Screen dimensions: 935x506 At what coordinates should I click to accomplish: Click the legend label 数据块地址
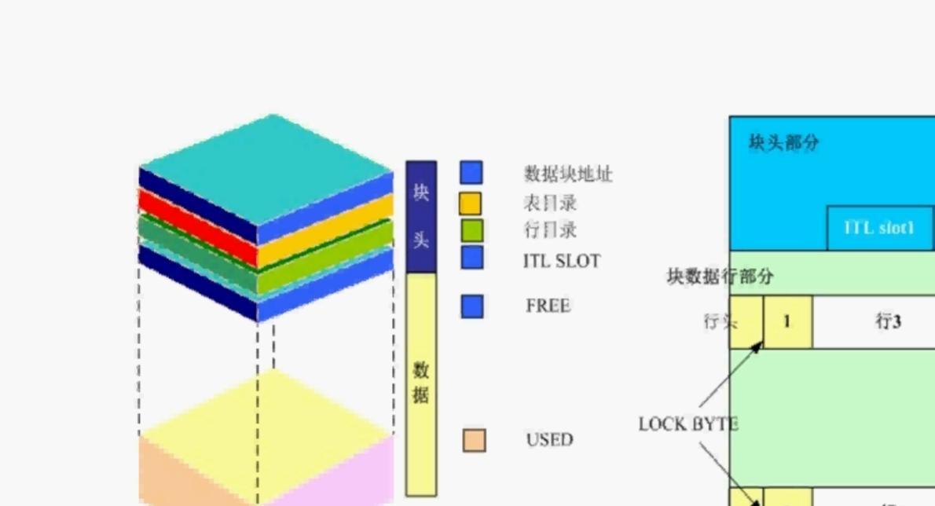[567, 174]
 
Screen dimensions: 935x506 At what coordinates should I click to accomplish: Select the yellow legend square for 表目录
[471, 203]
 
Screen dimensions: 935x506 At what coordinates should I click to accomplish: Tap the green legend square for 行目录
[471, 230]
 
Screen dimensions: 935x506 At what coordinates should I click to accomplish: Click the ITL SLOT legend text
[561, 260]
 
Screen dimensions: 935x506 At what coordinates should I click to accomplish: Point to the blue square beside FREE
[471, 306]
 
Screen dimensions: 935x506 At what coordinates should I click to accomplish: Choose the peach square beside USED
[474, 440]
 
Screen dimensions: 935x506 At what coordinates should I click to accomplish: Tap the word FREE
[548, 306]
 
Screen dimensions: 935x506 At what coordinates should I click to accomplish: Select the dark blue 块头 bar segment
[421, 216]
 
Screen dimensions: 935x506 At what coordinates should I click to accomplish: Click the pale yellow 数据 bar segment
[421, 383]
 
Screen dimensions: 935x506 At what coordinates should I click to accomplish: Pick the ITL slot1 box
[879, 229]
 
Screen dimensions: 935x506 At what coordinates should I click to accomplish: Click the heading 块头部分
[783, 142]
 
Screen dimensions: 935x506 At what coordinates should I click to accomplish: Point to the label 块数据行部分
[720, 276]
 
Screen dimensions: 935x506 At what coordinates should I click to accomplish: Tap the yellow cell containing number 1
[787, 321]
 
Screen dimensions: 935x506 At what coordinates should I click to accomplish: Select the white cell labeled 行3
[887, 321]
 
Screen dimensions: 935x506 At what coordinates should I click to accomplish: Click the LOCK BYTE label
[688, 424]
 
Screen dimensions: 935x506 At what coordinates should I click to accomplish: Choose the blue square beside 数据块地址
[471, 173]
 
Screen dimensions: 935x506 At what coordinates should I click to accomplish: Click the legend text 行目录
[550, 230]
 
